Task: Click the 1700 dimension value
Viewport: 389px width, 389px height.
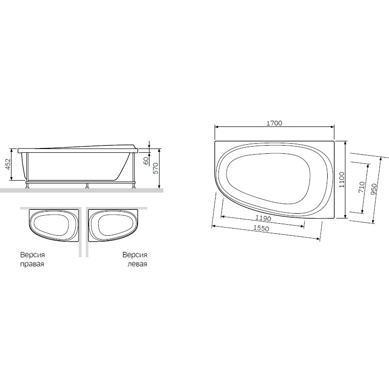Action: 275,123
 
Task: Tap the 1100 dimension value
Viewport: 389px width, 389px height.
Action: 342,180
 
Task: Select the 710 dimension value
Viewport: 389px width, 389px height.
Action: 362,187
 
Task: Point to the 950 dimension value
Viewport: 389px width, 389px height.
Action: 374,190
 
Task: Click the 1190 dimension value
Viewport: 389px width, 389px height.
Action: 263,218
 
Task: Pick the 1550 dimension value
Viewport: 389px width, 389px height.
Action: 261,228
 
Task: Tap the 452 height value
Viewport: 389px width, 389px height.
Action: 8,164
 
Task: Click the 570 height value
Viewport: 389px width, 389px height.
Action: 155,169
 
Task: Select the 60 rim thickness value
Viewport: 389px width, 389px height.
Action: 146,160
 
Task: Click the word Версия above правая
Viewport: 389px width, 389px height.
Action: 33,255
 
